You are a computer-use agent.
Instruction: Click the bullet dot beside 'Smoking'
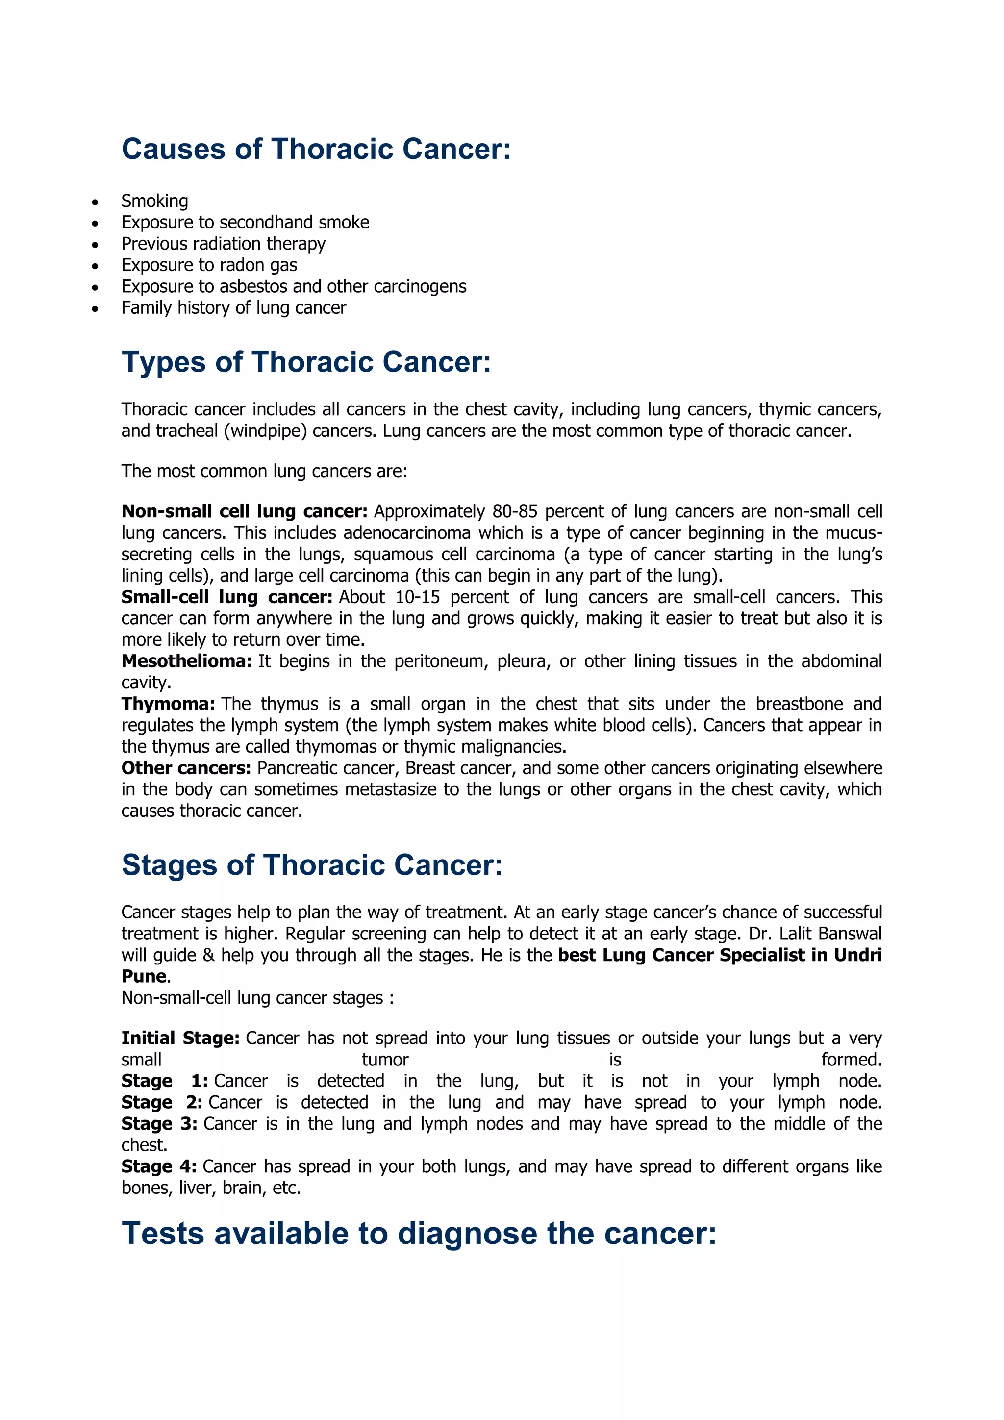pyautogui.click(x=95, y=202)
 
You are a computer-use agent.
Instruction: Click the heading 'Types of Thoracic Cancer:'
pyautogui.click(x=306, y=362)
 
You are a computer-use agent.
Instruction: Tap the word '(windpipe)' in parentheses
pyautogui.click(x=265, y=431)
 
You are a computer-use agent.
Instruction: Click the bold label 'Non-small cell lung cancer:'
pyautogui.click(x=244, y=511)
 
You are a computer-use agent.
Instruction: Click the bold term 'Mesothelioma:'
pyautogui.click(x=187, y=661)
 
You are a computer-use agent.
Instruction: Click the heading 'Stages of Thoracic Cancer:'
pyautogui.click(x=312, y=864)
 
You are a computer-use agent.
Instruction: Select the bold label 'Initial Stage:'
pyautogui.click(x=180, y=1038)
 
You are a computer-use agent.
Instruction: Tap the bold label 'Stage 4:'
pyautogui.click(x=159, y=1166)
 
